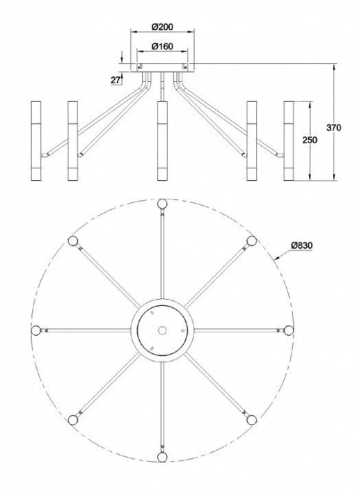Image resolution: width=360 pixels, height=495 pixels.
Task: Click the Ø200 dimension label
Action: click(162, 27)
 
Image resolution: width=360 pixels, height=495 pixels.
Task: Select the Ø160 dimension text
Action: click(162, 47)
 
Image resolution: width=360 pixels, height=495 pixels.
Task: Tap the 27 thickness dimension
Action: click(115, 80)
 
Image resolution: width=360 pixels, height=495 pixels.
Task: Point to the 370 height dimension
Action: click(334, 128)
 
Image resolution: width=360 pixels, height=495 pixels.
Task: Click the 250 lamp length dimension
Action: click(310, 140)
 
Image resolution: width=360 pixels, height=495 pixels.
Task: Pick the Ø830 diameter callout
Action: click(302, 245)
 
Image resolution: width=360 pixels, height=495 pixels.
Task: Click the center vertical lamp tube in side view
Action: click(163, 141)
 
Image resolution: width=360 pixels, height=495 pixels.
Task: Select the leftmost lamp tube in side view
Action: click(36, 141)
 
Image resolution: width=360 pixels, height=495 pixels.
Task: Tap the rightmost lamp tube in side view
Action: click(289, 141)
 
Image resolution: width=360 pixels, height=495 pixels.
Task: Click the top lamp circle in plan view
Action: click(162, 203)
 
